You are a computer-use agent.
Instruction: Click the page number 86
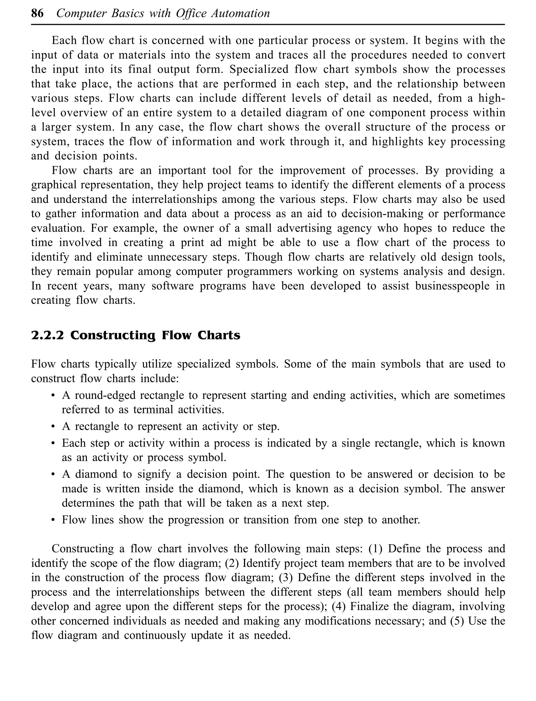pos(37,14)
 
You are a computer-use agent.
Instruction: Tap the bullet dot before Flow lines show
pos(53,520)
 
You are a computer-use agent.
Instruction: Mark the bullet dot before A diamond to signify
pos(53,475)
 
